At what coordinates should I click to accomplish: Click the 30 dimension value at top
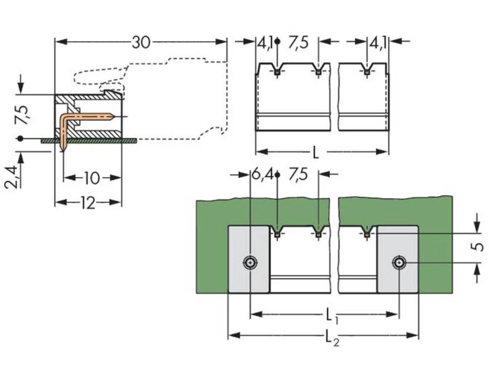click(x=141, y=43)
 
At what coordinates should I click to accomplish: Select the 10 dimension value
click(x=92, y=178)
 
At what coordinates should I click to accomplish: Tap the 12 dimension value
click(x=88, y=203)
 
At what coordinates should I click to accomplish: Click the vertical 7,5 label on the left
click(x=22, y=114)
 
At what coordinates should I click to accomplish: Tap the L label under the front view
click(x=316, y=153)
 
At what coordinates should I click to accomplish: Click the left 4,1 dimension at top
click(x=265, y=43)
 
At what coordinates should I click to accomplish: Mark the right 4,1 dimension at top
click(x=378, y=43)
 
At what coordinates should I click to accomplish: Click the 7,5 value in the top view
click(x=298, y=43)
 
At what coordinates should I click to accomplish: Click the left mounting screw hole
click(x=250, y=263)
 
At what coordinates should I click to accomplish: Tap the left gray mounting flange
click(x=249, y=281)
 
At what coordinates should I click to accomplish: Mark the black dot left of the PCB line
click(x=20, y=139)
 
